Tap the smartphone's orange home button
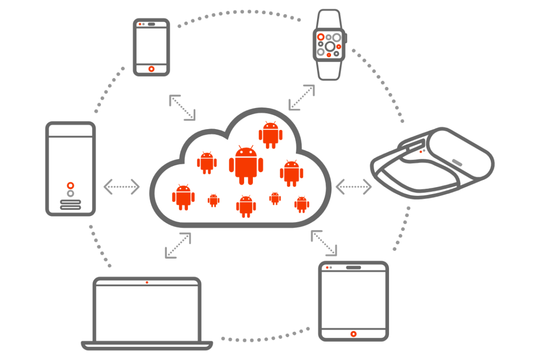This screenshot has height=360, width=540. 151,69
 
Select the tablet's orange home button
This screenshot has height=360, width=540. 353,334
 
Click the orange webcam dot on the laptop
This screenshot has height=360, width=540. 147,282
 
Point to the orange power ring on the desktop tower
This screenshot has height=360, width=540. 71,185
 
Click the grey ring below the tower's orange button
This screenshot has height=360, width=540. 71,194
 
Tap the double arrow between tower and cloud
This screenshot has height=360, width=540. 122,187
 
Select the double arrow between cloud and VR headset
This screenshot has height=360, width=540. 354,187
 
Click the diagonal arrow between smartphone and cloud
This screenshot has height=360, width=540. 182,108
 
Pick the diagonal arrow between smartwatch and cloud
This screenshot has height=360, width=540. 302,97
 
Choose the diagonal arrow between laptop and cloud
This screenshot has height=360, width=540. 178,245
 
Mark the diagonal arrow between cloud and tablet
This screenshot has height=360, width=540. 324,243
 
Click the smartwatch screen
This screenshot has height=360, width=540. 330,45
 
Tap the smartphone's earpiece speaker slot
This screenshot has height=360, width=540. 151,24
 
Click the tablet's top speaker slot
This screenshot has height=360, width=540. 353,267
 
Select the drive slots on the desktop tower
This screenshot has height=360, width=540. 71,204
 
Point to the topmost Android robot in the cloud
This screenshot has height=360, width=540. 271,135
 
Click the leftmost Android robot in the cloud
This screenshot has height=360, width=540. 183,197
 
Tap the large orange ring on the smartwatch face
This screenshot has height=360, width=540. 321,36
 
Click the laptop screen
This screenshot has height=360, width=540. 147,312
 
